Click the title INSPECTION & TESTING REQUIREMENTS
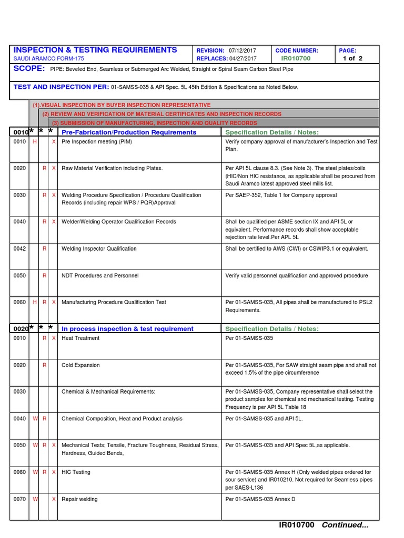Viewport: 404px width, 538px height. coord(95,50)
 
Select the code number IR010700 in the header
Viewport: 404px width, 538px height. coord(296,58)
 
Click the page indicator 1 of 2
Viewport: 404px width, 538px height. coord(352,58)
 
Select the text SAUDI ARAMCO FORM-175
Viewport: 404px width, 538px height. coord(48,59)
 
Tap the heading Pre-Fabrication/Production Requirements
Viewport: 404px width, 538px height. coord(129,132)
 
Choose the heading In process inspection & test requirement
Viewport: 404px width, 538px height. coord(127,329)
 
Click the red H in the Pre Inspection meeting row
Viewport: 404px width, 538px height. coord(35,142)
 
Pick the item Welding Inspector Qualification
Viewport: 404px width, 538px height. coord(99,249)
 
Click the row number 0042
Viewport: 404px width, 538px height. coord(19,249)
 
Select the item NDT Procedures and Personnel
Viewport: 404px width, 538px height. coord(100,276)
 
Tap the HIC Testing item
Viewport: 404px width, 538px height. coord(76,472)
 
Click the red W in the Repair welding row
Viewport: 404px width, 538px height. coord(35,499)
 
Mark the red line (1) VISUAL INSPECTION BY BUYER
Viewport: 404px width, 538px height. coord(121,105)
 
